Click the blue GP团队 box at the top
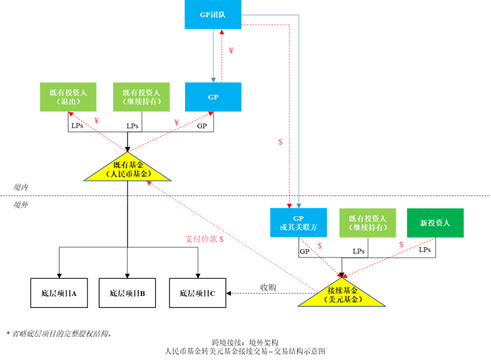pyautogui.click(x=213, y=14)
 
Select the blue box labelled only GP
pyautogui.click(x=213, y=97)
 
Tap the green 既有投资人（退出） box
pyautogui.click(x=68, y=97)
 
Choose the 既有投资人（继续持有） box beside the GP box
pyautogui.click(x=141, y=97)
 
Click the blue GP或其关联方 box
pyautogui.click(x=298, y=223)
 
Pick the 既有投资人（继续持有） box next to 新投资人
pyautogui.click(x=368, y=223)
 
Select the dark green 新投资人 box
pyautogui.click(x=435, y=223)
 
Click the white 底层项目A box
pyautogui.click(x=59, y=293)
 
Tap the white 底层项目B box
pyautogui.click(x=127, y=293)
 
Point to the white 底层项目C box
pyautogui.click(x=198, y=293)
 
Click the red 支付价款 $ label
pyautogui.click(x=204, y=239)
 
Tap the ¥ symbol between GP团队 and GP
pyautogui.click(x=231, y=51)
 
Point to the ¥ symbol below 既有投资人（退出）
pyautogui.click(x=96, y=122)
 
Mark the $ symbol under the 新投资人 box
pyautogui.click(x=401, y=245)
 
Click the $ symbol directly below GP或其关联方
pyautogui.click(x=320, y=246)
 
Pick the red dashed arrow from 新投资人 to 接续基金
pyautogui.click(x=389, y=258)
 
